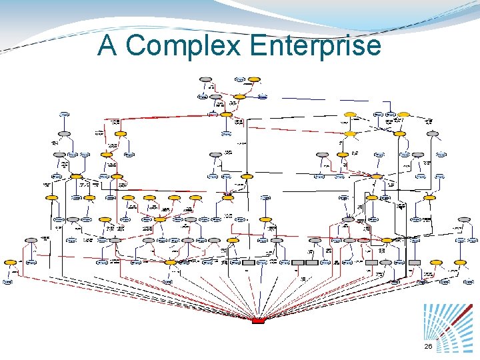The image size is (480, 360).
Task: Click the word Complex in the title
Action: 185,46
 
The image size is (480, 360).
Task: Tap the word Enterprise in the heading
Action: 315,46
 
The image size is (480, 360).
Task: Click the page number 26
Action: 428,347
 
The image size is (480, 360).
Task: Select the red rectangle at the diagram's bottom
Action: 258,321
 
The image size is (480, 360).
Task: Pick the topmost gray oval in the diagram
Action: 205,79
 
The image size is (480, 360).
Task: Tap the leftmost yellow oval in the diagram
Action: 10,263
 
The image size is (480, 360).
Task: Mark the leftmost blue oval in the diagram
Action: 7,282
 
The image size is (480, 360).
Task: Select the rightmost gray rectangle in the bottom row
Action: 415,263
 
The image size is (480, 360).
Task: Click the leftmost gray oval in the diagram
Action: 30,240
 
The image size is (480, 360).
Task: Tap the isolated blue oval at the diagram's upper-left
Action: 65,115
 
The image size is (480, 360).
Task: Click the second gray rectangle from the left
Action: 249,263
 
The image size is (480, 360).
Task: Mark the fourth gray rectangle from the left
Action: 311,263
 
